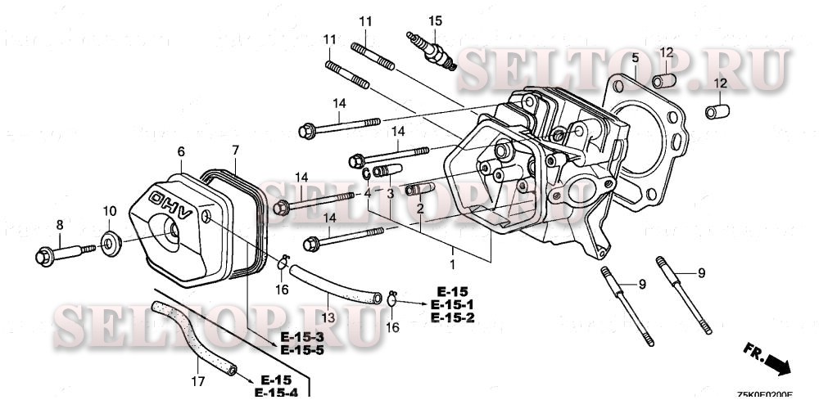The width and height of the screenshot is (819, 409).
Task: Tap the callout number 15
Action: pos(435,20)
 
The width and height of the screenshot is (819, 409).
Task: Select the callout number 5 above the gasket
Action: pos(634,57)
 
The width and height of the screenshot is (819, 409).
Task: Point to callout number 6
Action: pos(181,151)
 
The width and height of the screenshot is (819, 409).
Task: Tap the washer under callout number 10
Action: pos(109,243)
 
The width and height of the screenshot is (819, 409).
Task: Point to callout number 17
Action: pos(197,380)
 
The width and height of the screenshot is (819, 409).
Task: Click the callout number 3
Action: pos(391,194)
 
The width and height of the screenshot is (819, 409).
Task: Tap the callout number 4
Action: pos(368,194)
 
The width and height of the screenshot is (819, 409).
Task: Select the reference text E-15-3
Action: pos(303,338)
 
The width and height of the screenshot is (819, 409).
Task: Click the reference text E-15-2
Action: pos(450,317)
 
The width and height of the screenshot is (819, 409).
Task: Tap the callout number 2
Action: pos(419,209)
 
